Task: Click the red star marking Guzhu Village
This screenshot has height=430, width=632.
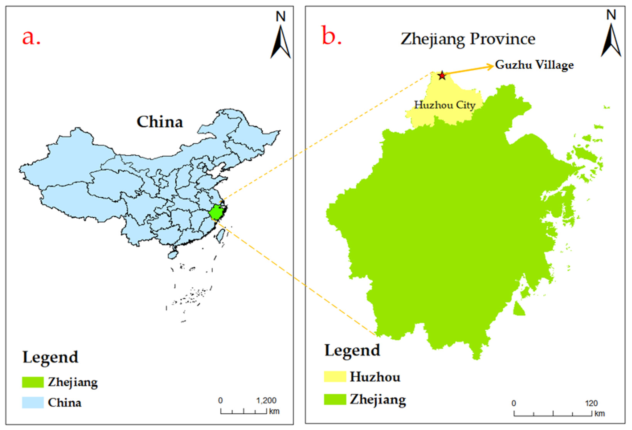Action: [x=442, y=76]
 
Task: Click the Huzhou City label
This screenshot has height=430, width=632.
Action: [x=445, y=105]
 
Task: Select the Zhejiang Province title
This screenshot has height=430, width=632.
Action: [x=468, y=39]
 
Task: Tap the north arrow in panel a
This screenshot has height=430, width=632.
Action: [x=280, y=41]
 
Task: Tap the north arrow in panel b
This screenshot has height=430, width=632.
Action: [x=611, y=39]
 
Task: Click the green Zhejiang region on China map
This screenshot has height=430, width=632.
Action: [x=216, y=212]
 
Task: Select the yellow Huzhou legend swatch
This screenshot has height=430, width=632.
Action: [x=335, y=377]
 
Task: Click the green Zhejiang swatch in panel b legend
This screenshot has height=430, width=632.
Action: [x=335, y=399]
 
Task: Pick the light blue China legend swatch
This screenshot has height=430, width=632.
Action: [x=33, y=402]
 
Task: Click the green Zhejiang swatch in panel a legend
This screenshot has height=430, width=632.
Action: [x=33, y=382]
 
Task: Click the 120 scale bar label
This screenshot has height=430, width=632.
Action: [x=591, y=403]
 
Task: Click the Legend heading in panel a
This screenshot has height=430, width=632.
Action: [x=50, y=357]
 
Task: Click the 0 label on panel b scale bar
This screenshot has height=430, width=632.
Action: [x=513, y=403]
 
